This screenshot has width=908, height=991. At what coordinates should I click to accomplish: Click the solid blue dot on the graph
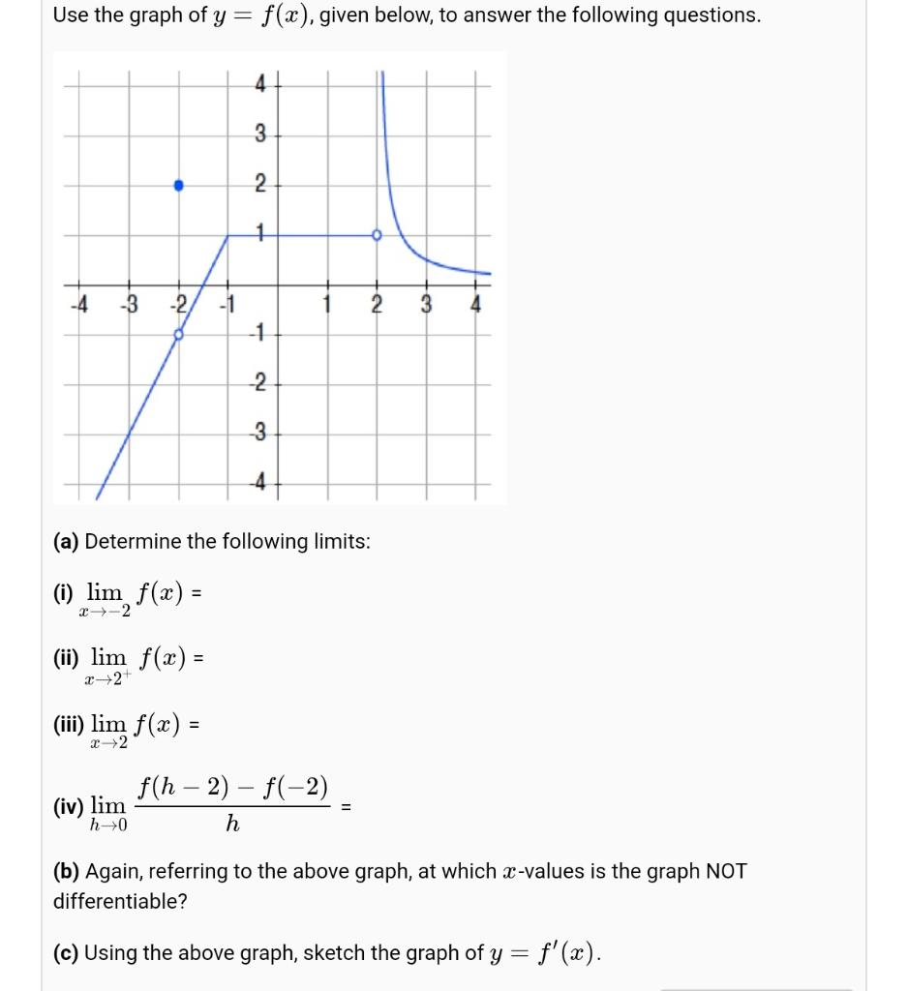[x=178, y=185]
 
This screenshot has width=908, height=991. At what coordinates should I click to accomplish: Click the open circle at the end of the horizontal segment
[x=377, y=235]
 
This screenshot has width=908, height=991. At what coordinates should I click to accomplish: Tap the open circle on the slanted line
[x=178, y=335]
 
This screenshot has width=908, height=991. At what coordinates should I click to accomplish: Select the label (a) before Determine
[x=67, y=541]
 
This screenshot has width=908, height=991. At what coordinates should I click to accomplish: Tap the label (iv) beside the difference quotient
[x=70, y=805]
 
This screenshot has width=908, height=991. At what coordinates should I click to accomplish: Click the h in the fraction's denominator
[x=231, y=825]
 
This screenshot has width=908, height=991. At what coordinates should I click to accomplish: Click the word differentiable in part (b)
[x=119, y=902]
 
